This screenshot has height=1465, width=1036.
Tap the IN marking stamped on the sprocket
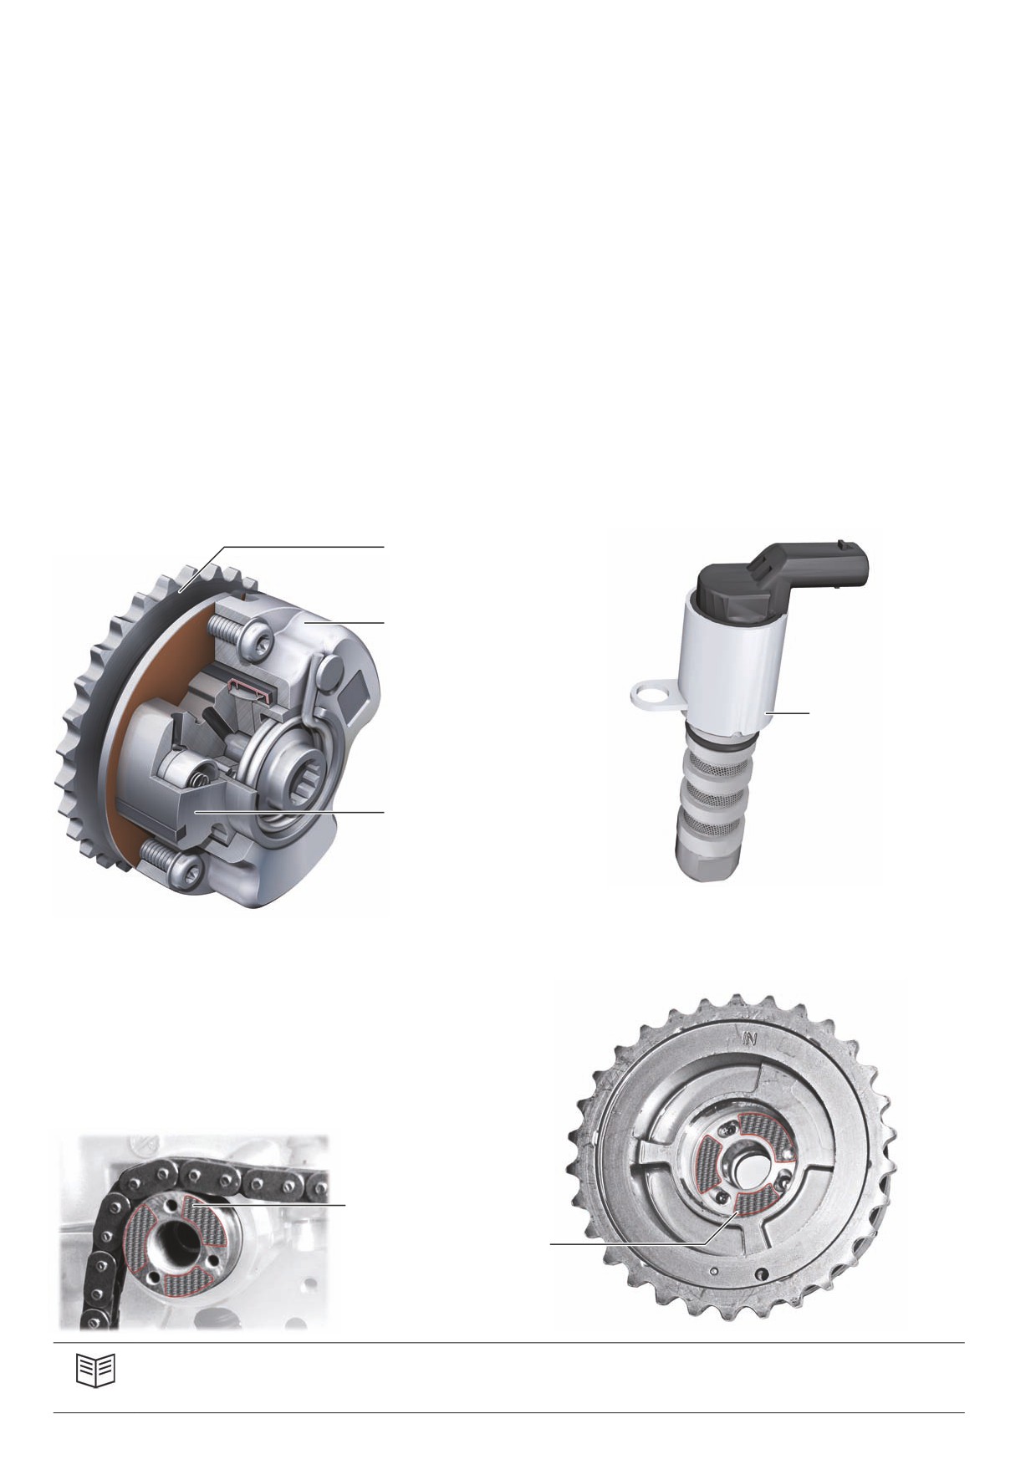coord(749,1040)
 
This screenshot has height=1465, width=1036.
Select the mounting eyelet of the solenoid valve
coord(655,693)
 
